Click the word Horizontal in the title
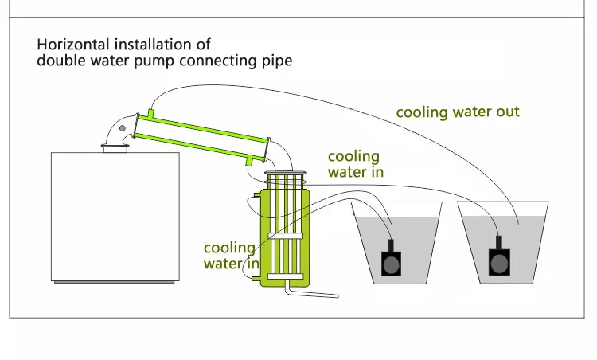[x=73, y=45]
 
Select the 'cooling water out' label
[x=458, y=112]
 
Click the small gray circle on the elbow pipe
[x=123, y=128]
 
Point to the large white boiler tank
[x=115, y=217]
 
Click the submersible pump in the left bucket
[x=391, y=259]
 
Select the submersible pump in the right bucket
[x=499, y=256]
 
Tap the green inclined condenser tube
[x=202, y=138]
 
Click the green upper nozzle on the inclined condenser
[x=150, y=114]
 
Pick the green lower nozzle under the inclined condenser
[x=249, y=162]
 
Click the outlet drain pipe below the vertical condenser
[x=310, y=292]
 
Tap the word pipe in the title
[x=277, y=61]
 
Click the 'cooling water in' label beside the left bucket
[x=355, y=164]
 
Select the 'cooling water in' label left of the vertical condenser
[x=231, y=256]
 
